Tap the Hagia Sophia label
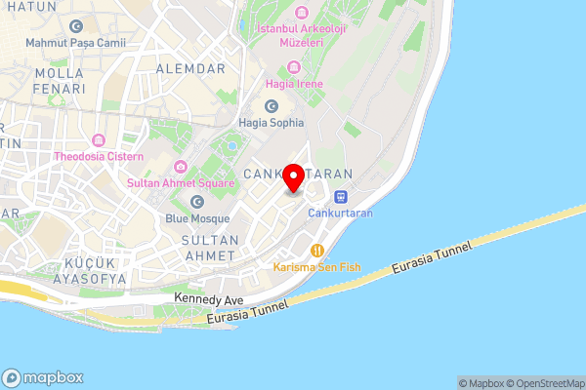tap(272, 123)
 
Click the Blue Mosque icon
tap(198, 202)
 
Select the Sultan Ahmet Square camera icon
tap(181, 167)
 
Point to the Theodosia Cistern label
tap(99, 156)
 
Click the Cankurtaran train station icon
tap(339, 196)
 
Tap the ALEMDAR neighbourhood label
tap(190, 69)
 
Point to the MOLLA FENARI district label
tap(60, 82)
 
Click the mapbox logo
tap(43, 377)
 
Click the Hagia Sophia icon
tap(272, 105)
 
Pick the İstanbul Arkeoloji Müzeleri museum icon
tap(300, 14)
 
